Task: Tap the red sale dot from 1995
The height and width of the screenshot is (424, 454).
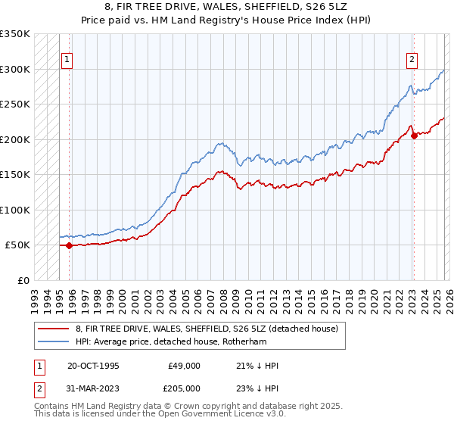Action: point(70,245)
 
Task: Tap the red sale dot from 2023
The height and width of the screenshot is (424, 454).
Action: point(414,136)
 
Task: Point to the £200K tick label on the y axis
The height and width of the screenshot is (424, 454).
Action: point(15,139)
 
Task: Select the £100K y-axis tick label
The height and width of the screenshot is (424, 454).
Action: point(15,210)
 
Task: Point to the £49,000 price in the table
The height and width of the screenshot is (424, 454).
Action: point(185,366)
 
